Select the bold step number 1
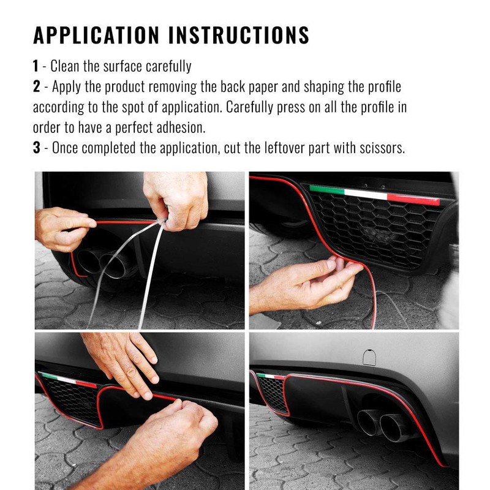(x=36, y=66)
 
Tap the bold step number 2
(x=36, y=86)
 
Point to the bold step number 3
(x=36, y=149)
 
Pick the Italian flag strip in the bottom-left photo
(x=67, y=379)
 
